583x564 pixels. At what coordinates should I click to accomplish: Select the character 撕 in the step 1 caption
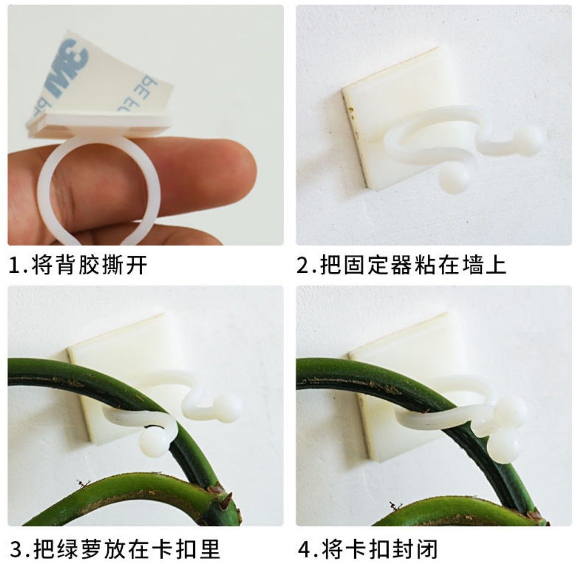coord(113,265)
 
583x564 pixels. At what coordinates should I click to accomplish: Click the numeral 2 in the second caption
coord(303,265)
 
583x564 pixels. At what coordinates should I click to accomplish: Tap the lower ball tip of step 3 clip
coord(153,442)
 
